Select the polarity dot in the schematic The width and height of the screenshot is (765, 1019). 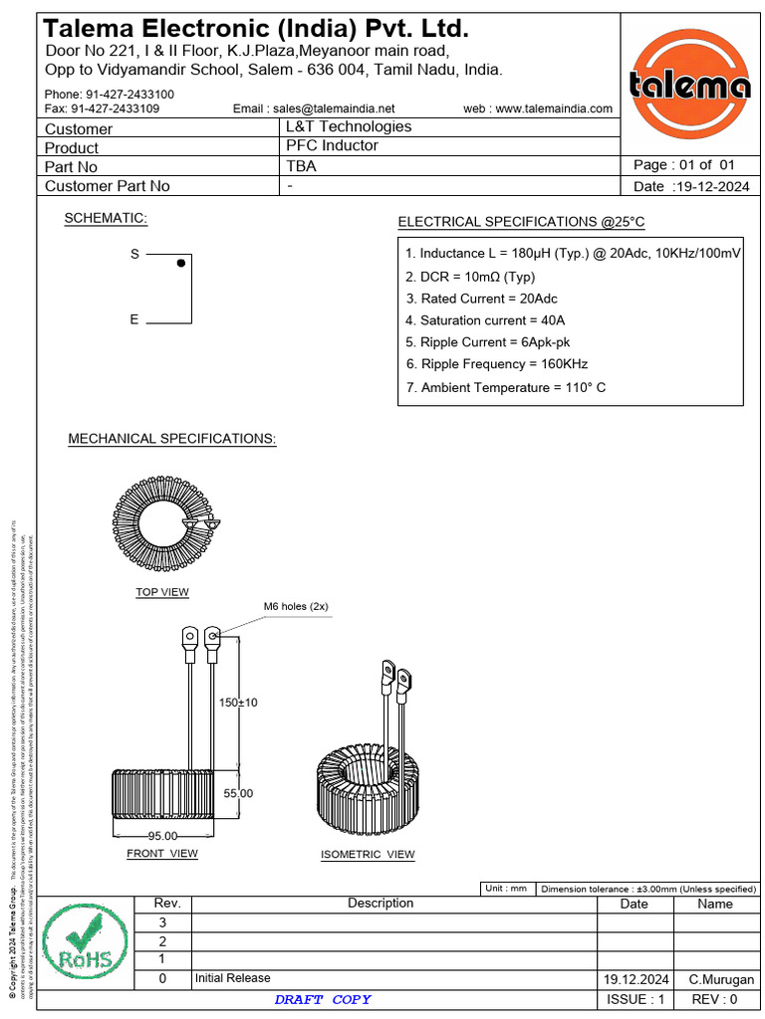coord(180,264)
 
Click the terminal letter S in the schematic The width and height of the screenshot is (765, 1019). coord(134,255)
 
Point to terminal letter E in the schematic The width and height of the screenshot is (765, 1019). coord(134,320)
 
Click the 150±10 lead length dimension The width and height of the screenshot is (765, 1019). coord(238,703)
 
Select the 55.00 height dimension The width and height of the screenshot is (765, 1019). coord(238,793)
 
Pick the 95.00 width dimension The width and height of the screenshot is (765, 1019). coord(162,836)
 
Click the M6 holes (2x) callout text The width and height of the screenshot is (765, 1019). coord(296,606)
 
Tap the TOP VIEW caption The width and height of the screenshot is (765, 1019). coord(162,592)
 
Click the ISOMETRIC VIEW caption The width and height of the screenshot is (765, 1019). coord(368,855)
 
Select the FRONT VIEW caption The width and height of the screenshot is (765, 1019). coord(162,854)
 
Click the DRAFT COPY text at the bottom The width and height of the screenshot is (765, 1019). coord(323,999)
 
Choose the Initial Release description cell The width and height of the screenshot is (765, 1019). coord(233,978)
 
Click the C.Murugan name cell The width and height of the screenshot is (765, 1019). coord(721,979)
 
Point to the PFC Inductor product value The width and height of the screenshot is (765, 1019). coord(333,145)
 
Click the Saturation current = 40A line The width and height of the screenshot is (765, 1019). coord(485,320)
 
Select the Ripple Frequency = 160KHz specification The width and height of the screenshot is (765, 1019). coord(497,364)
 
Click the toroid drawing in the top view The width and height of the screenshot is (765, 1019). coord(163,522)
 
